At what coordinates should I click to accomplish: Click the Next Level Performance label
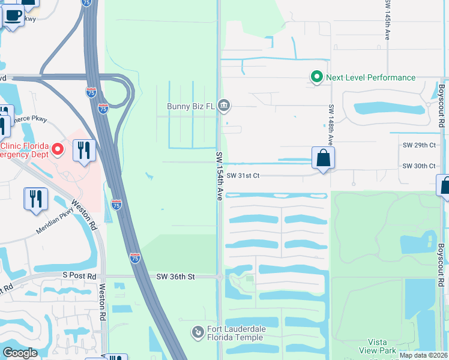[x=370, y=77]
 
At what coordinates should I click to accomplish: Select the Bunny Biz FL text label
[x=191, y=107]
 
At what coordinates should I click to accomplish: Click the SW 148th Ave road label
[x=331, y=124]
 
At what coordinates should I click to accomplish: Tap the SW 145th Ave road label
[x=388, y=20]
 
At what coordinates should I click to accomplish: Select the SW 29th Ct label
[x=418, y=145]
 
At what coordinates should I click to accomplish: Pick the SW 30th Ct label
[x=418, y=166]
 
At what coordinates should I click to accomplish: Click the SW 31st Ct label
[x=243, y=175]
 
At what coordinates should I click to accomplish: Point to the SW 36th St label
[x=176, y=277]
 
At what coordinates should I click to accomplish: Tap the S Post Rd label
[x=79, y=276]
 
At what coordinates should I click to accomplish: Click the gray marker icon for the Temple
[x=197, y=332]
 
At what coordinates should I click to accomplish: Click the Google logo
[x=20, y=353]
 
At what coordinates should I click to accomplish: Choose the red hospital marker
[x=58, y=148]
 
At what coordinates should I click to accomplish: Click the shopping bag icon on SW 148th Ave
[x=323, y=158]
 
